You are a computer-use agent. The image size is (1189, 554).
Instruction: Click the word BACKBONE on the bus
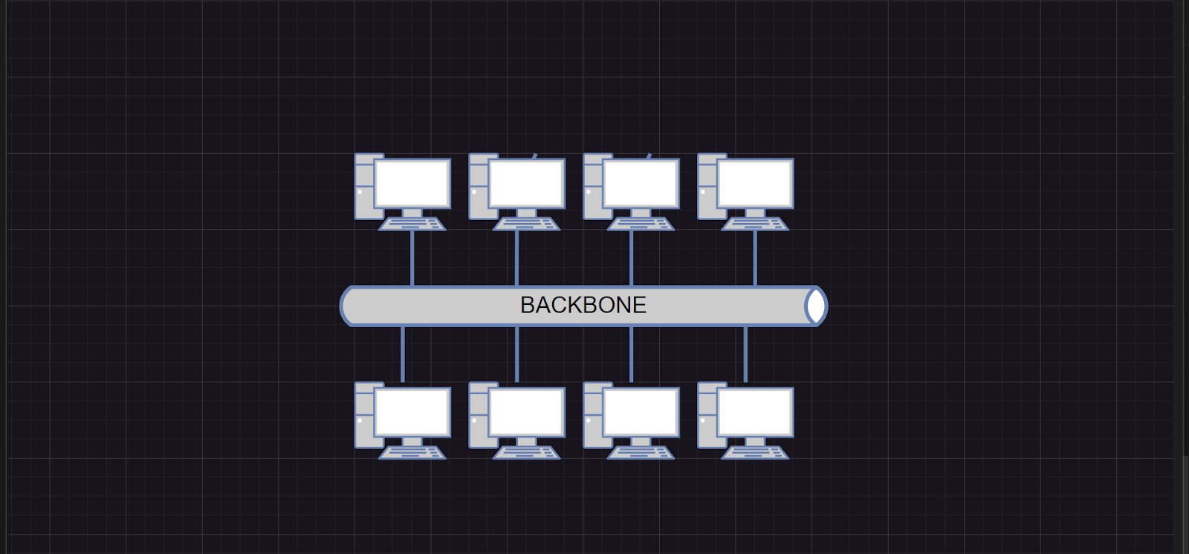pos(583,305)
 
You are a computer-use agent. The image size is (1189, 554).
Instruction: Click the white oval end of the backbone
pos(816,306)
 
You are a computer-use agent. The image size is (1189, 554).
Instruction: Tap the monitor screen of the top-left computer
pos(412,183)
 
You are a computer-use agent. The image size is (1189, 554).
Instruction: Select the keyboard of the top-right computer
pos(755,224)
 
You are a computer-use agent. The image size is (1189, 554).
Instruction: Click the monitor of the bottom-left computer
pos(412,412)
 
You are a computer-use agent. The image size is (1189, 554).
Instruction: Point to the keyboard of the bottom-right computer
pos(755,453)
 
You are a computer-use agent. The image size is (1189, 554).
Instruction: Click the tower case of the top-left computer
pos(365,187)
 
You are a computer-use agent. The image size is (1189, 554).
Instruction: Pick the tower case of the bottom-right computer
pos(707,416)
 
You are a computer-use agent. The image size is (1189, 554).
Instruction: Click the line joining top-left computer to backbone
pos(412,259)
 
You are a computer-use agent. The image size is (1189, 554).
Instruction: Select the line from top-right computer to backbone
pos(755,259)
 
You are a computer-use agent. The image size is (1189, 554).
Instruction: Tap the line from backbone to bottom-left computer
pos(402,354)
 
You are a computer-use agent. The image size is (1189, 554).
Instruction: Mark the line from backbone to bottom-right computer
pos(745,354)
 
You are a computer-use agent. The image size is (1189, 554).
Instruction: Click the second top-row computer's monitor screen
pos(527,183)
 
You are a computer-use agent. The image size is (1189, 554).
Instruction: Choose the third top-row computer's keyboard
pos(641,224)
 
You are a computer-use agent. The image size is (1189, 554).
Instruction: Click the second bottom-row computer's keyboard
pos(527,453)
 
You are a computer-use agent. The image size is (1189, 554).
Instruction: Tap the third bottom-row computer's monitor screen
pos(641,412)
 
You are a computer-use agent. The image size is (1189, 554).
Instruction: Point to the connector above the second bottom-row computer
pos(517,354)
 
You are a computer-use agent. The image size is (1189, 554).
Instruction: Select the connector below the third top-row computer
pos(631,259)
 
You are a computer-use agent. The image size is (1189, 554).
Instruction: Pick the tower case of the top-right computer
pos(707,187)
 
